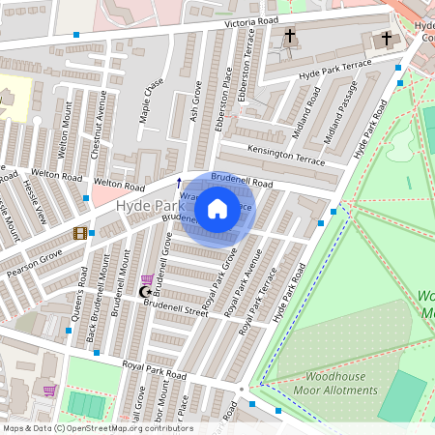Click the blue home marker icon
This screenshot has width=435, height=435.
coord(217,208)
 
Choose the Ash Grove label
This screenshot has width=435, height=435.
coord(195,99)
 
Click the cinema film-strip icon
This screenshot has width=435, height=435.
coord(80,233)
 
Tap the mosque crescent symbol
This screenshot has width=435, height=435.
coord(146,292)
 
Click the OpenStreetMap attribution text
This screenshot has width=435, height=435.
coord(97,428)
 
